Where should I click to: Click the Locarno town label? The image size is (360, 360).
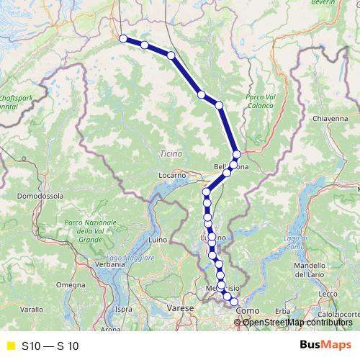pyautogui.click(x=174, y=174)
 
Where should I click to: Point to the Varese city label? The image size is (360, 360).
pyautogui.click(x=181, y=307)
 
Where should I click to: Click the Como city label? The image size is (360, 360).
pyautogui.click(x=248, y=310)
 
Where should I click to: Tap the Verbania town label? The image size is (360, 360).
pyautogui.click(x=109, y=264)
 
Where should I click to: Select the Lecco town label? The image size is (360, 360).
pyautogui.click(x=330, y=293)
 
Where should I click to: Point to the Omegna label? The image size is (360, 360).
pyautogui.click(x=72, y=285)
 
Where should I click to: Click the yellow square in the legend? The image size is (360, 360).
pyautogui.click(x=9, y=346)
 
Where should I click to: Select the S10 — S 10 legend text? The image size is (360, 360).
pyautogui.click(x=50, y=346)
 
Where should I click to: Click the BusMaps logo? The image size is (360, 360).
pyautogui.click(x=325, y=345)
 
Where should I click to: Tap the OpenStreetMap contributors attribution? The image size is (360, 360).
pyautogui.click(x=299, y=322)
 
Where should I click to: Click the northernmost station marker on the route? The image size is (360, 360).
pyautogui.click(x=123, y=39)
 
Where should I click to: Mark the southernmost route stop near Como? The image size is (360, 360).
pyautogui.click(x=233, y=301)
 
